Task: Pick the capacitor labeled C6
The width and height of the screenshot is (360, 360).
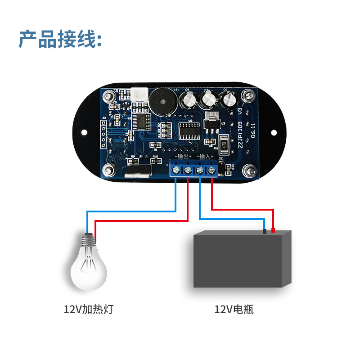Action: (229, 99)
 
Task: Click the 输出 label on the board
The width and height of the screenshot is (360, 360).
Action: (183, 157)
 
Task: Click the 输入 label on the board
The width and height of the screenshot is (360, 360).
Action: (204, 157)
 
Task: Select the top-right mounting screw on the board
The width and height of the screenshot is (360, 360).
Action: (247, 95)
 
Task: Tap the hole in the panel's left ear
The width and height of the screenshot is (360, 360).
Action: (85, 133)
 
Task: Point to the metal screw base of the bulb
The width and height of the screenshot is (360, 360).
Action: (90, 238)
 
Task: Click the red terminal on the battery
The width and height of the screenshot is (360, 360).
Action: (273, 230)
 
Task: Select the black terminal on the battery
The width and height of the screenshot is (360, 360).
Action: (265, 231)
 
